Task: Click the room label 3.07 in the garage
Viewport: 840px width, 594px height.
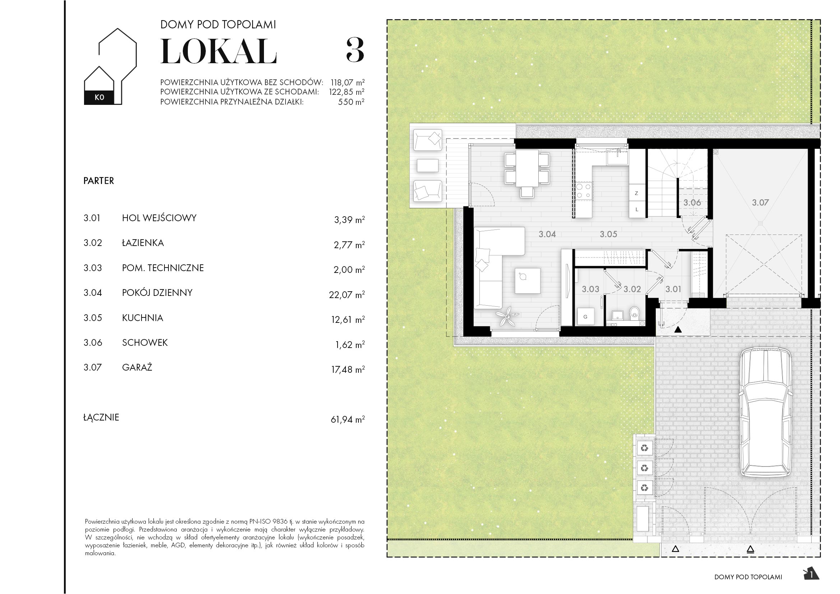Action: tap(760, 202)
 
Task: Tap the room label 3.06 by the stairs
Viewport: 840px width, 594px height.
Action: tap(692, 202)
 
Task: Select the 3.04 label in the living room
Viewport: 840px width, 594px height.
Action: tap(547, 234)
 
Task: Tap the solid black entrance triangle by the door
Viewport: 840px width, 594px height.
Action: tap(678, 330)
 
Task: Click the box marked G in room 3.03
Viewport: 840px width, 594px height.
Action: tap(585, 317)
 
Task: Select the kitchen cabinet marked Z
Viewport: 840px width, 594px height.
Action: tap(637, 193)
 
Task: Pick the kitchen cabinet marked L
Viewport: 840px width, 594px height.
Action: tap(637, 210)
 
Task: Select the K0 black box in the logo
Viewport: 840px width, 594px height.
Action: tap(99, 97)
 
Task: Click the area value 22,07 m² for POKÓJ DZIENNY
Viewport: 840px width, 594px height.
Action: tap(346, 294)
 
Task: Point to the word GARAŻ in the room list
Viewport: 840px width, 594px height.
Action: tap(137, 367)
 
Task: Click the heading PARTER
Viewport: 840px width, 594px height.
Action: tap(99, 181)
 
